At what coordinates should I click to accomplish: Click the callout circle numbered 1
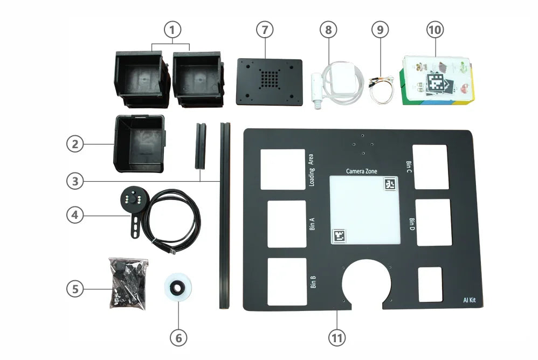point(172,30)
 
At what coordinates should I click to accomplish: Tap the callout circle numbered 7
point(264,30)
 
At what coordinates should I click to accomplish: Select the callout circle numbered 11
point(337,337)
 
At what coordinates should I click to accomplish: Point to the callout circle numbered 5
point(75,289)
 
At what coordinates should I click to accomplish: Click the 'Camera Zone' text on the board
point(361,171)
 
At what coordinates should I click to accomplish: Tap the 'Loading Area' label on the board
point(311,170)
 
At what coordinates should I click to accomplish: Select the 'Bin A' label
point(312,224)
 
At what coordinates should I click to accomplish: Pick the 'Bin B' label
point(313,282)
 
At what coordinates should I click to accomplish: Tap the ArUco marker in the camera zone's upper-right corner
point(390,184)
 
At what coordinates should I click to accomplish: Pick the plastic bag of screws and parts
point(128,283)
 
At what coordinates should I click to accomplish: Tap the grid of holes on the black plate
point(268,80)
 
